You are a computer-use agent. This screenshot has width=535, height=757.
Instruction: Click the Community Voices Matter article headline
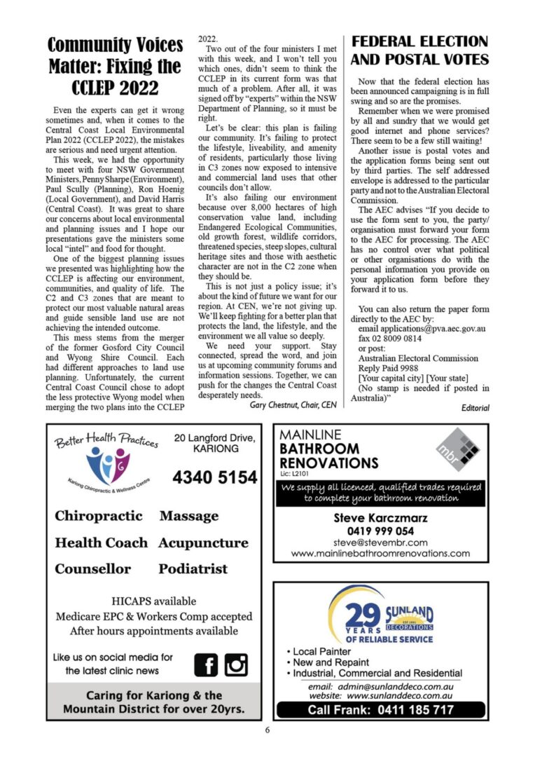[114, 67]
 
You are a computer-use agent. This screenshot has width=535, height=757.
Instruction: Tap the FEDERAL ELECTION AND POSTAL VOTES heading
[419, 50]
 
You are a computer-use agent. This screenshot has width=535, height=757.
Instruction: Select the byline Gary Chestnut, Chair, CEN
[293, 404]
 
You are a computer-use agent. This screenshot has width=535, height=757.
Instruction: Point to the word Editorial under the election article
[474, 408]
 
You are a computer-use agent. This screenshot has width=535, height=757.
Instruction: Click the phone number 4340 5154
[215, 478]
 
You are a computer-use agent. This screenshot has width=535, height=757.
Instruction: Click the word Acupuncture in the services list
[203, 543]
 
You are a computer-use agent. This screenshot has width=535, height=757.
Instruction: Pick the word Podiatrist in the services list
[193, 569]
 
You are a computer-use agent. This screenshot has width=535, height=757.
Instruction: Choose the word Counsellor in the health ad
[93, 569]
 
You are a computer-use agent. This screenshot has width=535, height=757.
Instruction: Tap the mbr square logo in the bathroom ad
[454, 451]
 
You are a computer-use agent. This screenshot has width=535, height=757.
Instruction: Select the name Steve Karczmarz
[380, 519]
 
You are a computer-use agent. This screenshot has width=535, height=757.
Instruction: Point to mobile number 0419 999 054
[380, 531]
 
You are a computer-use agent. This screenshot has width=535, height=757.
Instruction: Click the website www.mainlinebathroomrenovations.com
[380, 553]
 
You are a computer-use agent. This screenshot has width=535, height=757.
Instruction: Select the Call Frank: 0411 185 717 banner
[381, 710]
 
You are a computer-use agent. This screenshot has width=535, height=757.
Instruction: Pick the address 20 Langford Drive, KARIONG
[215, 444]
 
